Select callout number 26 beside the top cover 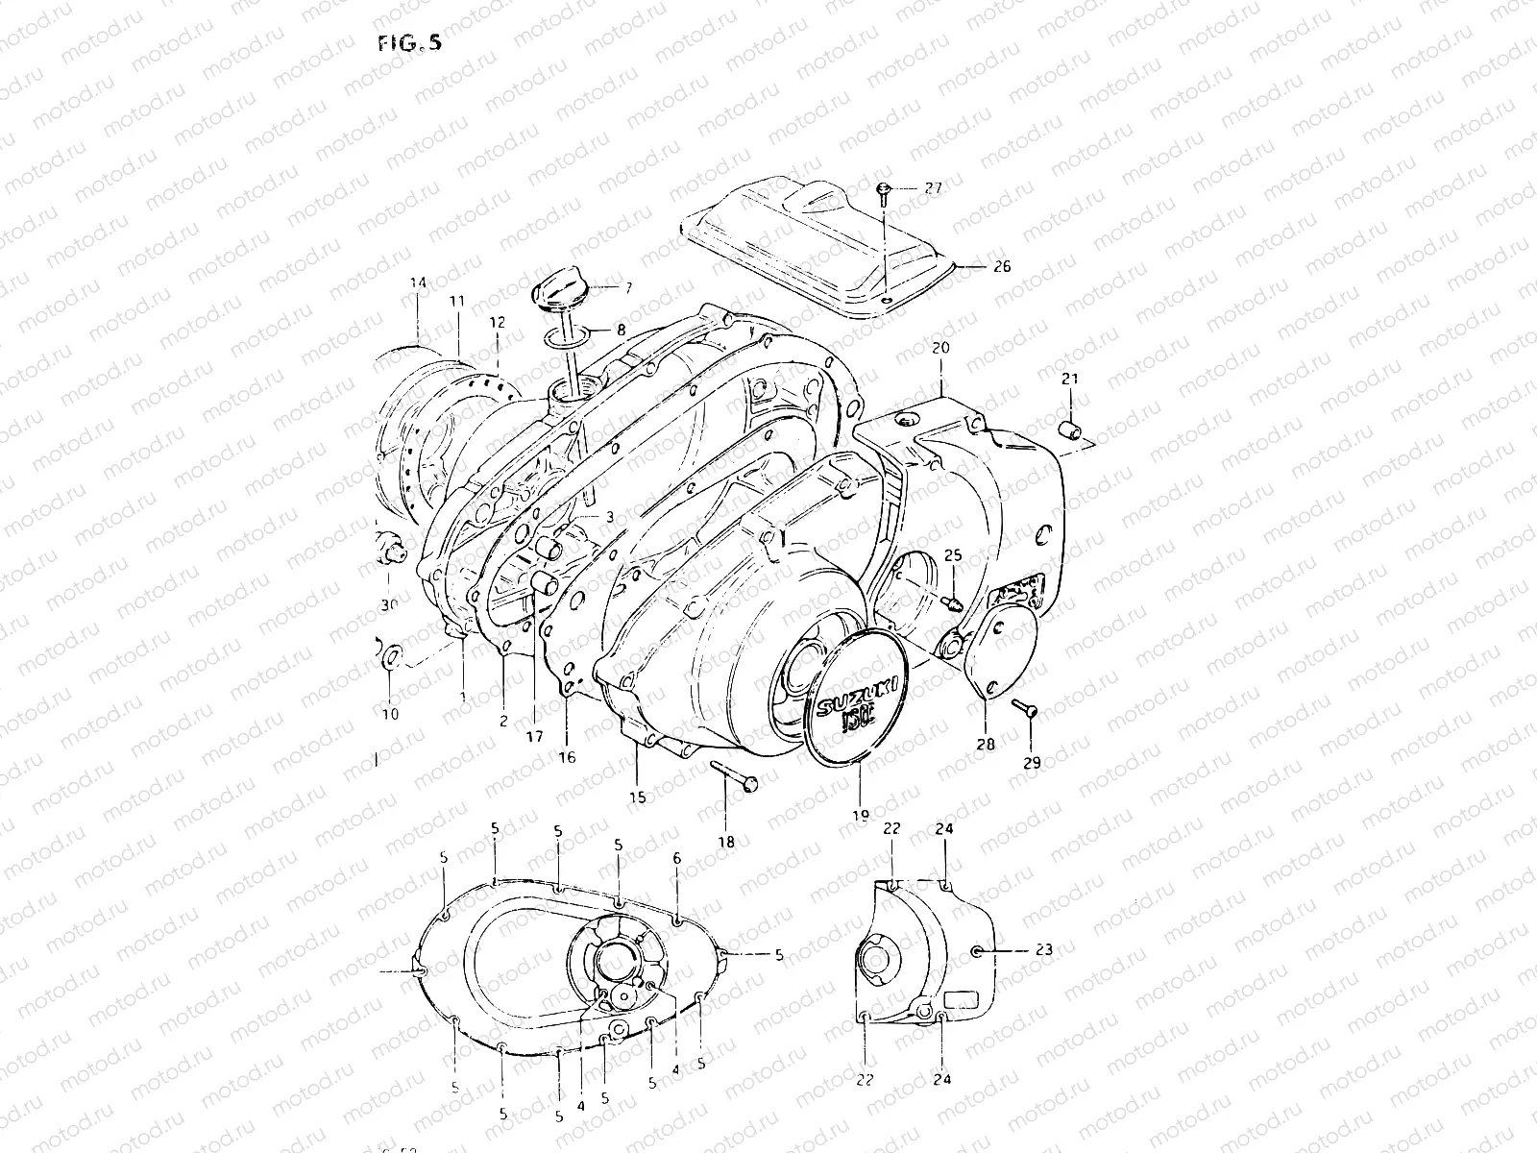pos(1001,268)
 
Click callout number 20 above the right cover pos(940,349)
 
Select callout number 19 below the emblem pos(859,816)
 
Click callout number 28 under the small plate pos(987,744)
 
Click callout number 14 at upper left pos(417,282)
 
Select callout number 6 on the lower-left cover pos(676,857)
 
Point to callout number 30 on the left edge pos(388,605)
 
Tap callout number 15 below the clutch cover pos(637,797)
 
